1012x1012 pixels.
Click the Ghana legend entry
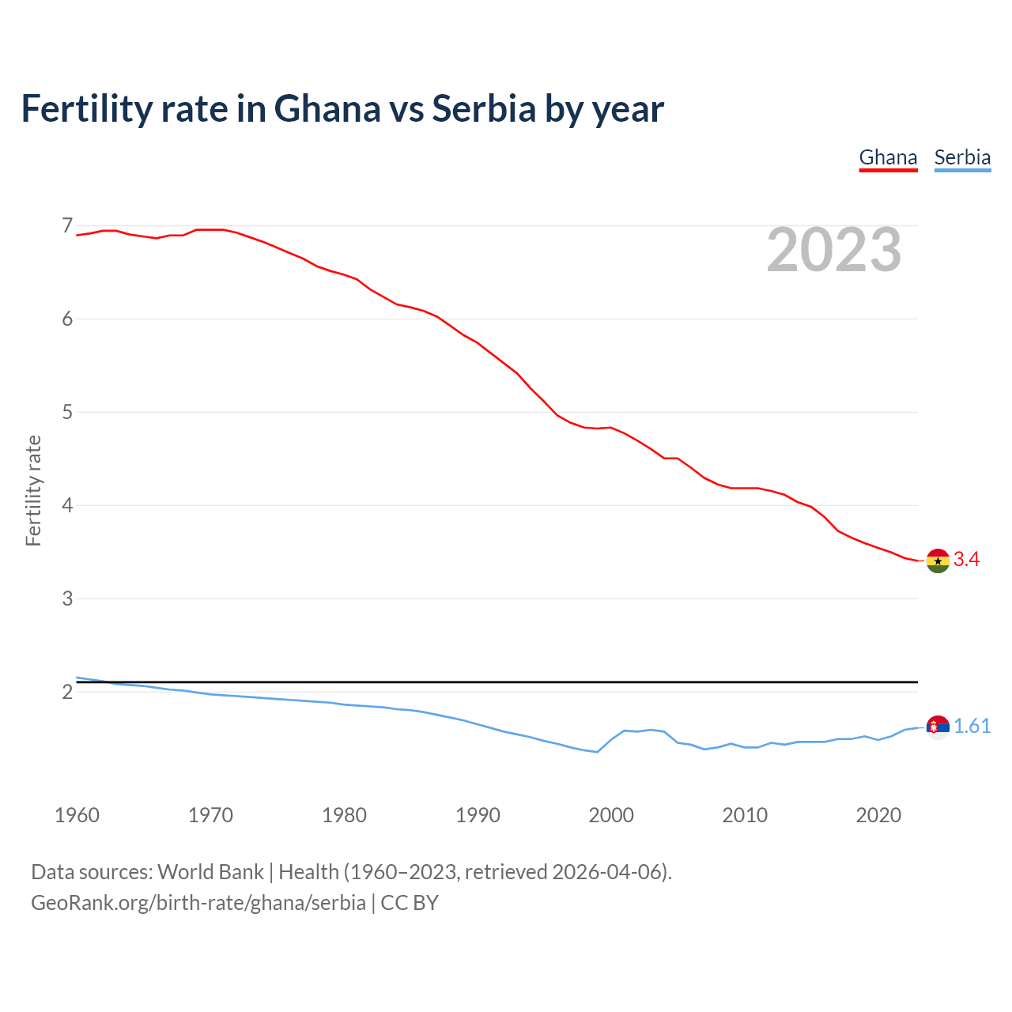[x=888, y=157]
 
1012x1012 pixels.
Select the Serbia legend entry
[x=962, y=157]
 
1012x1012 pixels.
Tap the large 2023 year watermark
[x=834, y=250]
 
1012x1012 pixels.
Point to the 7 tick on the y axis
[x=67, y=226]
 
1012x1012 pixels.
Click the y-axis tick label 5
[x=67, y=412]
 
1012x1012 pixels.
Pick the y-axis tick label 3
[x=67, y=599]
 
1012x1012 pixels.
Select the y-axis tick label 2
[x=67, y=692]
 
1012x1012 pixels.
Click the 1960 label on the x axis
[x=77, y=815]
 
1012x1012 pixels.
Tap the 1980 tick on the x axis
[x=344, y=815]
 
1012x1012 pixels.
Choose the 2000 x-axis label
[x=611, y=815]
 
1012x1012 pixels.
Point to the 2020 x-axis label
[x=878, y=815]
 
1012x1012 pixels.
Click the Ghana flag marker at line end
[x=938, y=561]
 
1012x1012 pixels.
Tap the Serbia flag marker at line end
[x=938, y=727]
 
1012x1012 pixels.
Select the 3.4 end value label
[x=966, y=560]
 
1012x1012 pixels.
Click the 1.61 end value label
[x=972, y=727]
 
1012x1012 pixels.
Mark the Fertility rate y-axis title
[x=33, y=490]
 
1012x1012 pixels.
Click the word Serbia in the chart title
[x=484, y=109]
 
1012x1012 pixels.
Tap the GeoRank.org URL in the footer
[x=198, y=903]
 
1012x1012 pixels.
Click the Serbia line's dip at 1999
[x=597, y=752]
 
